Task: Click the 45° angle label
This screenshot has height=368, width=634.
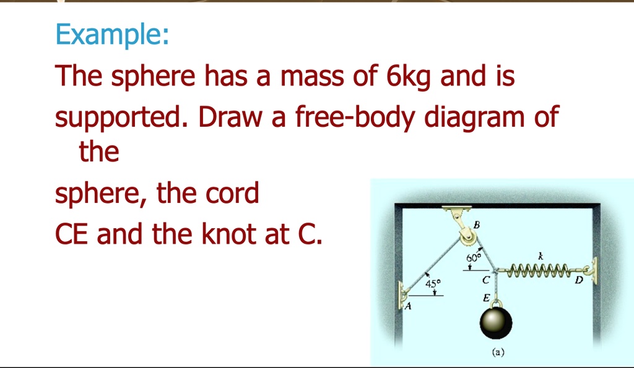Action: (434, 284)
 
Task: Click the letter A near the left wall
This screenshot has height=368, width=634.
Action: (409, 306)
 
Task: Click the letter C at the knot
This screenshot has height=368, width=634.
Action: (487, 281)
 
